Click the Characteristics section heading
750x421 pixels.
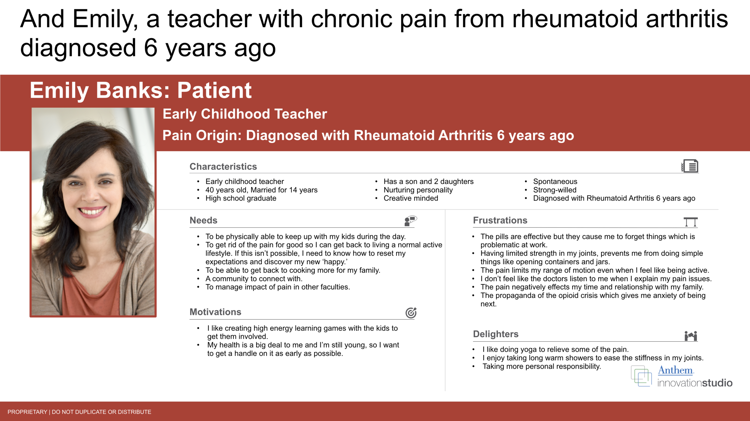[x=223, y=167]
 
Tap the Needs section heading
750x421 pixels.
[x=203, y=220]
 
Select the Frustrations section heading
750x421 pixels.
[x=500, y=220]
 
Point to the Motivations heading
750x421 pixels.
[x=215, y=312]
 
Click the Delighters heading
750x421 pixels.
[x=496, y=334]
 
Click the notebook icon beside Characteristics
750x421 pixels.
[x=690, y=166]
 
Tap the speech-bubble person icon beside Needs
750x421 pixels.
[x=411, y=221]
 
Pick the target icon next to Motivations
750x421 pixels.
[x=411, y=313]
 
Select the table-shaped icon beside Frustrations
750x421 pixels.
[x=691, y=222]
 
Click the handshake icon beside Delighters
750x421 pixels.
[x=691, y=336]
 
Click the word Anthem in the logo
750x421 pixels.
[x=676, y=370]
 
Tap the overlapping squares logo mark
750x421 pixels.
[x=641, y=376]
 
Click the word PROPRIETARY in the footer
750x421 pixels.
[x=27, y=412]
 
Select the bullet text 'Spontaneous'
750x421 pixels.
[x=555, y=181]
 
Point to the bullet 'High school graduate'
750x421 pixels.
[x=241, y=198]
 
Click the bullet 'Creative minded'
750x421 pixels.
[x=411, y=198]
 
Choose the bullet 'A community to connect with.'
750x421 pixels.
[x=254, y=279]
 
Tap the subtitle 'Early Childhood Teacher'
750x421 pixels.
[x=245, y=114]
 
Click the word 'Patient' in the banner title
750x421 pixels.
[x=214, y=90]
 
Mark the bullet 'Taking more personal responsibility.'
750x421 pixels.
[x=541, y=366]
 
